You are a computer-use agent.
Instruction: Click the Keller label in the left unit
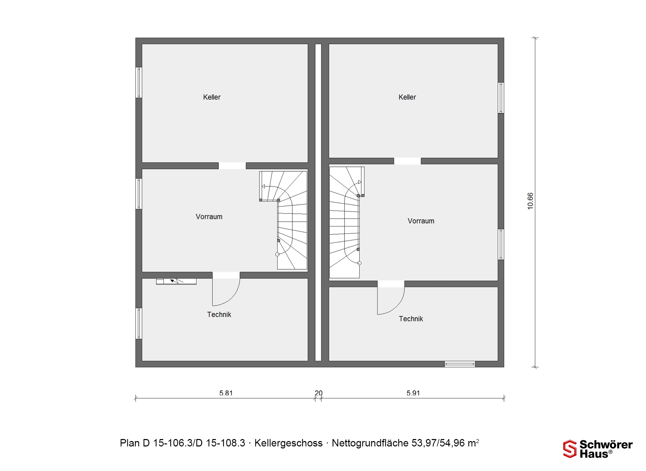[212, 97]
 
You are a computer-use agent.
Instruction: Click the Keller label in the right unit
[407, 97]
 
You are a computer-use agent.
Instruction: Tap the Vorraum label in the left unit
[209, 217]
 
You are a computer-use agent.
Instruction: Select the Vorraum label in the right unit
[421, 221]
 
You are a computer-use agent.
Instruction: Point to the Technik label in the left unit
[219, 315]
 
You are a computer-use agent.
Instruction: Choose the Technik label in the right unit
[411, 319]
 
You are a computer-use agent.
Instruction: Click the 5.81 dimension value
[226, 393]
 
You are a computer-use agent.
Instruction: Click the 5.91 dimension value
[413, 393]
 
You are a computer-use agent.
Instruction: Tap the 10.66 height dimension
[530, 201]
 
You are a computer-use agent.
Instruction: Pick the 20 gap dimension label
[319, 393]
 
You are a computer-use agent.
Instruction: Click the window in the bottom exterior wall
[460, 364]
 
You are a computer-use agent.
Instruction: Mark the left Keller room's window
[139, 82]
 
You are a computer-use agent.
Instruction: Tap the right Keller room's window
[501, 98]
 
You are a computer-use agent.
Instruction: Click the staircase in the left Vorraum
[283, 220]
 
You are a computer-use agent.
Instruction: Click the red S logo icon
[570, 449]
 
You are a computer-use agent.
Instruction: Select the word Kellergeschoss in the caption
[288, 443]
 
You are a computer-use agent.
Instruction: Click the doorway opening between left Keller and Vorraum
[232, 166]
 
